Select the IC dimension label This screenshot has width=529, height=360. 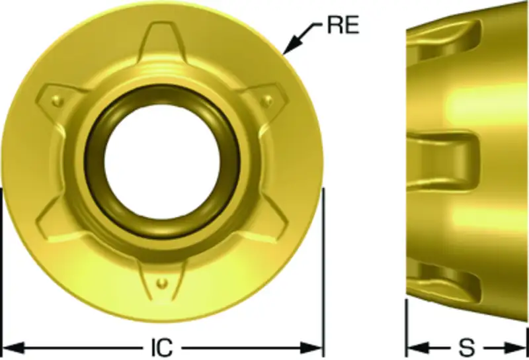pyautogui.click(x=161, y=347)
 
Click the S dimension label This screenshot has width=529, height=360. pyautogui.click(x=468, y=347)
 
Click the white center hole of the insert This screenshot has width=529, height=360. pyautogui.click(x=162, y=159)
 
